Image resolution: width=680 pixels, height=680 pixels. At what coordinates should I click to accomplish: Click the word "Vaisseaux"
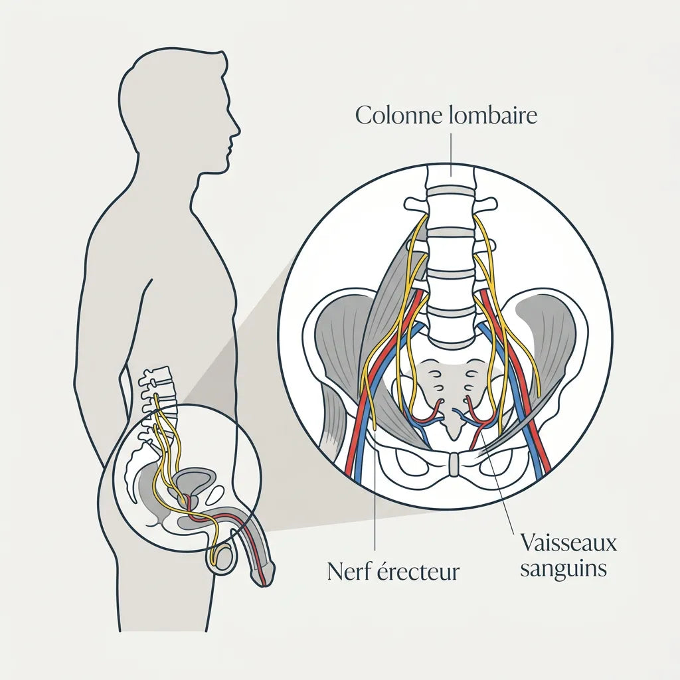click(568, 543)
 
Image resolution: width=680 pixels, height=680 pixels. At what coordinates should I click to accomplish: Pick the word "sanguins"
click(563, 568)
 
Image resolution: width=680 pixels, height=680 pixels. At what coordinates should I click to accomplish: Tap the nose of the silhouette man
click(238, 128)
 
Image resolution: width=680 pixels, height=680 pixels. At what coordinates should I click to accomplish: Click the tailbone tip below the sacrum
click(453, 436)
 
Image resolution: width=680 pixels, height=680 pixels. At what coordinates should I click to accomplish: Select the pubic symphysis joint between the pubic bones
click(454, 464)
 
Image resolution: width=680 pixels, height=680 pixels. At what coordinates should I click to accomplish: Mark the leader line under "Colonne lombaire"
click(452, 155)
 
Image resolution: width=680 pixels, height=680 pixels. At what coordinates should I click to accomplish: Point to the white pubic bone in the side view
click(216, 494)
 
